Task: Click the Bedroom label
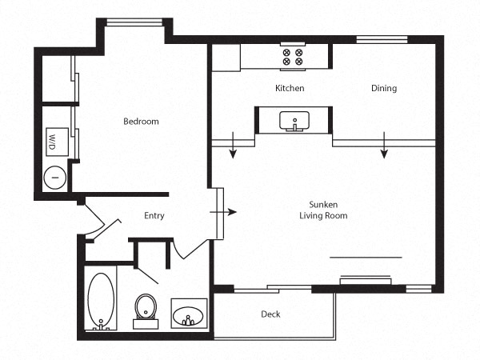[x=141, y=122]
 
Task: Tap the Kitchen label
[x=290, y=88]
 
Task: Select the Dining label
[x=384, y=88]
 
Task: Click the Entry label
[x=154, y=216]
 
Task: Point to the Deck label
[x=270, y=314]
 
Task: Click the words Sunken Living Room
[x=323, y=210]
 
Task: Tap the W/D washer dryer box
[x=57, y=142]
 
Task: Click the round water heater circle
[x=55, y=178]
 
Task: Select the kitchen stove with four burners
[x=293, y=57]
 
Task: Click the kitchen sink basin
[x=294, y=120]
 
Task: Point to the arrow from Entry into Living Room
[x=223, y=212]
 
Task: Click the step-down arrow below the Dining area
[x=384, y=145]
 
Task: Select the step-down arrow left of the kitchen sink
[x=233, y=145]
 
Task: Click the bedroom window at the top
[x=134, y=22]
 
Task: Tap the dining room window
[x=382, y=40]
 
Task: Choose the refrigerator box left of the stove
[x=226, y=58]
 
